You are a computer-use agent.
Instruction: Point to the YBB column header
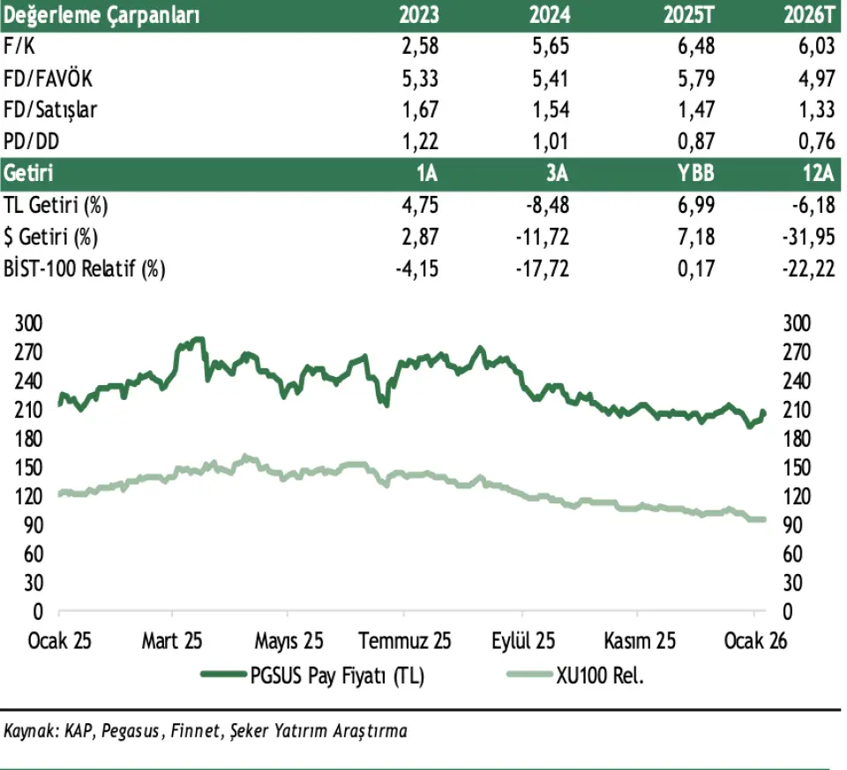point(697,173)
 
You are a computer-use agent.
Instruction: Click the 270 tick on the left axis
point(29,352)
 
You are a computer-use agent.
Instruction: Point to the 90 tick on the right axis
point(793,525)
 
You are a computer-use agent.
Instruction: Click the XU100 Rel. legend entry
point(600,676)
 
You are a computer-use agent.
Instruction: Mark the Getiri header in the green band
point(29,173)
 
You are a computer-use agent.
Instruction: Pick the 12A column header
point(818,173)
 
